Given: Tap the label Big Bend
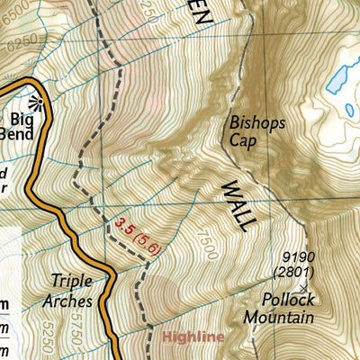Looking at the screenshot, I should [x=29, y=125].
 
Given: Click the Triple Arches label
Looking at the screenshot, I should [x=72, y=289].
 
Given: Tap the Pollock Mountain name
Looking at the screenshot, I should [x=276, y=309].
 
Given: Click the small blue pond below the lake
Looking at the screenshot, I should [x=351, y=110].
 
